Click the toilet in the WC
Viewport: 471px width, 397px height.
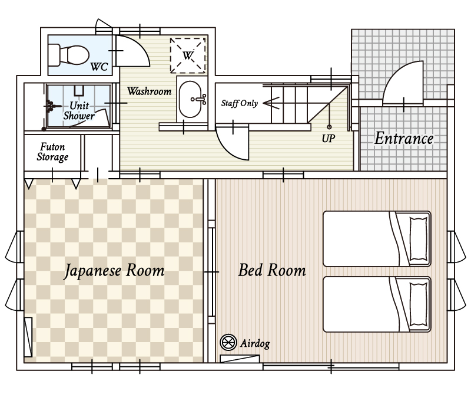tap(68, 55)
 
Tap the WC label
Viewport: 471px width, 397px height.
tap(99, 67)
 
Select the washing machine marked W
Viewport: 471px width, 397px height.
tap(188, 55)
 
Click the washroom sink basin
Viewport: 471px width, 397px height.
tap(190, 99)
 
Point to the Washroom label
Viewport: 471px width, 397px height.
tap(150, 91)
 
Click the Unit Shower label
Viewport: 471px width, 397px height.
tap(79, 110)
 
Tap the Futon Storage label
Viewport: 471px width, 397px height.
tap(52, 152)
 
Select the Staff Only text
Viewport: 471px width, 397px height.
tap(240, 103)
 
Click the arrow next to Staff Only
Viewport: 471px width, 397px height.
tap(271, 103)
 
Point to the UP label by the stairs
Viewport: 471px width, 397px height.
tap(329, 139)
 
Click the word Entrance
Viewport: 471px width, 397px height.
tap(404, 139)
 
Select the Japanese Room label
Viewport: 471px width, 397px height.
tap(114, 271)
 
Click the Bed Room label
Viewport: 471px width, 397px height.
tap(272, 270)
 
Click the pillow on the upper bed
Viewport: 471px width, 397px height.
tap(419, 239)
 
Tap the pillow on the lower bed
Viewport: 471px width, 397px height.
tap(419, 304)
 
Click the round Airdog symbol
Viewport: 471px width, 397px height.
tap(228, 342)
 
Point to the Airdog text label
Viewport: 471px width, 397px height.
tap(255, 343)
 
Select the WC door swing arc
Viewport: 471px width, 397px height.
tap(141, 48)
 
